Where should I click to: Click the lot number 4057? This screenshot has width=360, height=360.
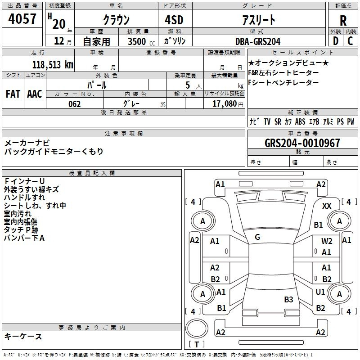click(22, 18)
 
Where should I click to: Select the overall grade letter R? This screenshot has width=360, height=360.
click(343, 21)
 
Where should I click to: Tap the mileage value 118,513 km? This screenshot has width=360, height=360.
click(53, 64)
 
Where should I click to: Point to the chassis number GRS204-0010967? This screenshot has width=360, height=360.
click(302, 143)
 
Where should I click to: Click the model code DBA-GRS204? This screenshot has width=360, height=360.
click(258, 41)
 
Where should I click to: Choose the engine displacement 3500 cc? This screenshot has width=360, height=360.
click(141, 41)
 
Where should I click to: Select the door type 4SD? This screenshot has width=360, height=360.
click(174, 20)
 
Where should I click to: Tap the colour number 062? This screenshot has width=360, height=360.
click(75, 104)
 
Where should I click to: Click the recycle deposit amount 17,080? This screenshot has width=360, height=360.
click(225, 103)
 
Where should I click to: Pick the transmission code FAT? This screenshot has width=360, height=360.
click(13, 94)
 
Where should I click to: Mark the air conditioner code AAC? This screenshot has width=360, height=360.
click(35, 94)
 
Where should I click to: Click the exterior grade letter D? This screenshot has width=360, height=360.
click(336, 41)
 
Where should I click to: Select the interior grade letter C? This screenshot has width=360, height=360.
click(350, 41)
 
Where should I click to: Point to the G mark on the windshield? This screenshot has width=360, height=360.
click(257, 237)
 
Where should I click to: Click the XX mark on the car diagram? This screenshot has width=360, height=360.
click(327, 206)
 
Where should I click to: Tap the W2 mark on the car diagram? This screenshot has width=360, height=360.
click(327, 241)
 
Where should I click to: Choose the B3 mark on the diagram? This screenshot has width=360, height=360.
click(288, 299)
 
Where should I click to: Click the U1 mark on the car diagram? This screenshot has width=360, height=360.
click(320, 292)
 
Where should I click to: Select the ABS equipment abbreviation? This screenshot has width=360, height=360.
click(300, 121)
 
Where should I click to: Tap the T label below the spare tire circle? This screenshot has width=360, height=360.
click(197, 344)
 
